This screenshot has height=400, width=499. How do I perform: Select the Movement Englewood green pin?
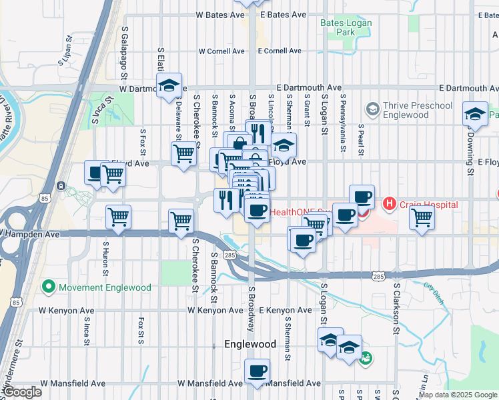click(x=48, y=287)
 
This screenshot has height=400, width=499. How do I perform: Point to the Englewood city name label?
click(x=250, y=345)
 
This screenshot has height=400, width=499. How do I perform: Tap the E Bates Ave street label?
click(x=284, y=14)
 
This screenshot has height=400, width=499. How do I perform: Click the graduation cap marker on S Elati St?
click(x=169, y=86)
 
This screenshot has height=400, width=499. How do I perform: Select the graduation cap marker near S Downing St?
click(x=476, y=115)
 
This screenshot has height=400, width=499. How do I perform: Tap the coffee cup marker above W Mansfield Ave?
click(x=257, y=372)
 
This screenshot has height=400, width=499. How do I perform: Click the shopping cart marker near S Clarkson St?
click(x=422, y=217)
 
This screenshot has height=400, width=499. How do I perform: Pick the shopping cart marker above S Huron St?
click(x=118, y=217)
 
